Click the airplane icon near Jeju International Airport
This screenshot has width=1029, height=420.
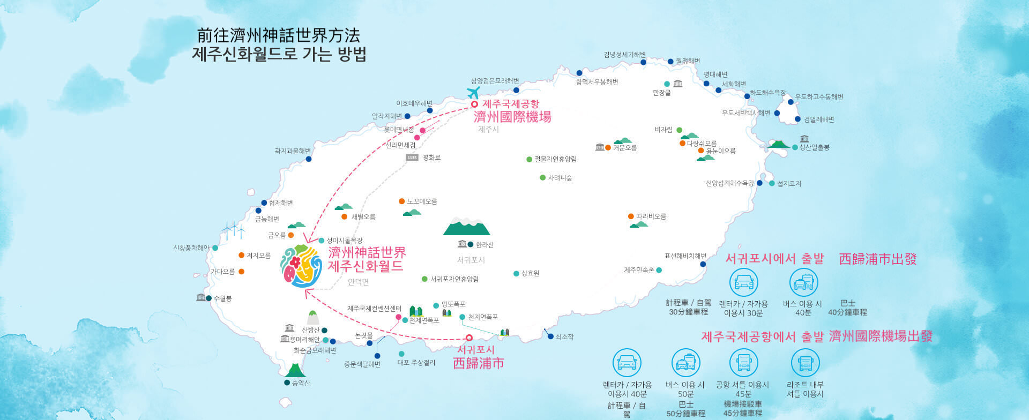473,93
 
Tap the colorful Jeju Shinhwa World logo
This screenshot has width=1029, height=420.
301,266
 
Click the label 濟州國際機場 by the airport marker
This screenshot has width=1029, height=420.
512,117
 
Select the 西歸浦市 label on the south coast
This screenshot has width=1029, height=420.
479,363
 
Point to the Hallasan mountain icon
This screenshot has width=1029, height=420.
466,227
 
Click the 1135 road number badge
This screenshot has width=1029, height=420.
412,157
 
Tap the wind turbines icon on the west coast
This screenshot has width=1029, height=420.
234,231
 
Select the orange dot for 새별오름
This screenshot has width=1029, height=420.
344,217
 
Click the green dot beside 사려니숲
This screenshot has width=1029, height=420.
543,178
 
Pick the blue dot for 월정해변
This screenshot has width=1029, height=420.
670,62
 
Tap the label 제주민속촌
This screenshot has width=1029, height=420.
639,270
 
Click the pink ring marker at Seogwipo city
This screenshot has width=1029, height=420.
469,337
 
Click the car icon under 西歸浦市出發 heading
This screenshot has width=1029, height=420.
744,282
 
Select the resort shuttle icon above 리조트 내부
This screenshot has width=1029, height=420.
805,363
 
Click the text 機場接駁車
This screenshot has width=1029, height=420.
743,404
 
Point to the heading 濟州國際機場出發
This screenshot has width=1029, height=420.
881,336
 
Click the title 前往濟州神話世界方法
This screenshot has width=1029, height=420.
279,35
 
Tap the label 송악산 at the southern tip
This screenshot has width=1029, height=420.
301,383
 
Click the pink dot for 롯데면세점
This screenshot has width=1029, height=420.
422,130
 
